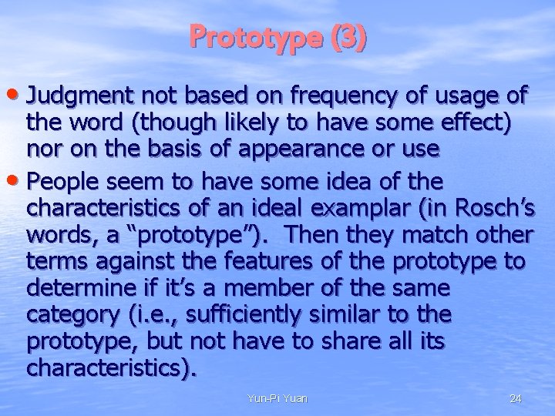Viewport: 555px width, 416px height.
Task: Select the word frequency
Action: pos(329,96)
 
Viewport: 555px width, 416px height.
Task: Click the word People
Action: pos(62,182)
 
